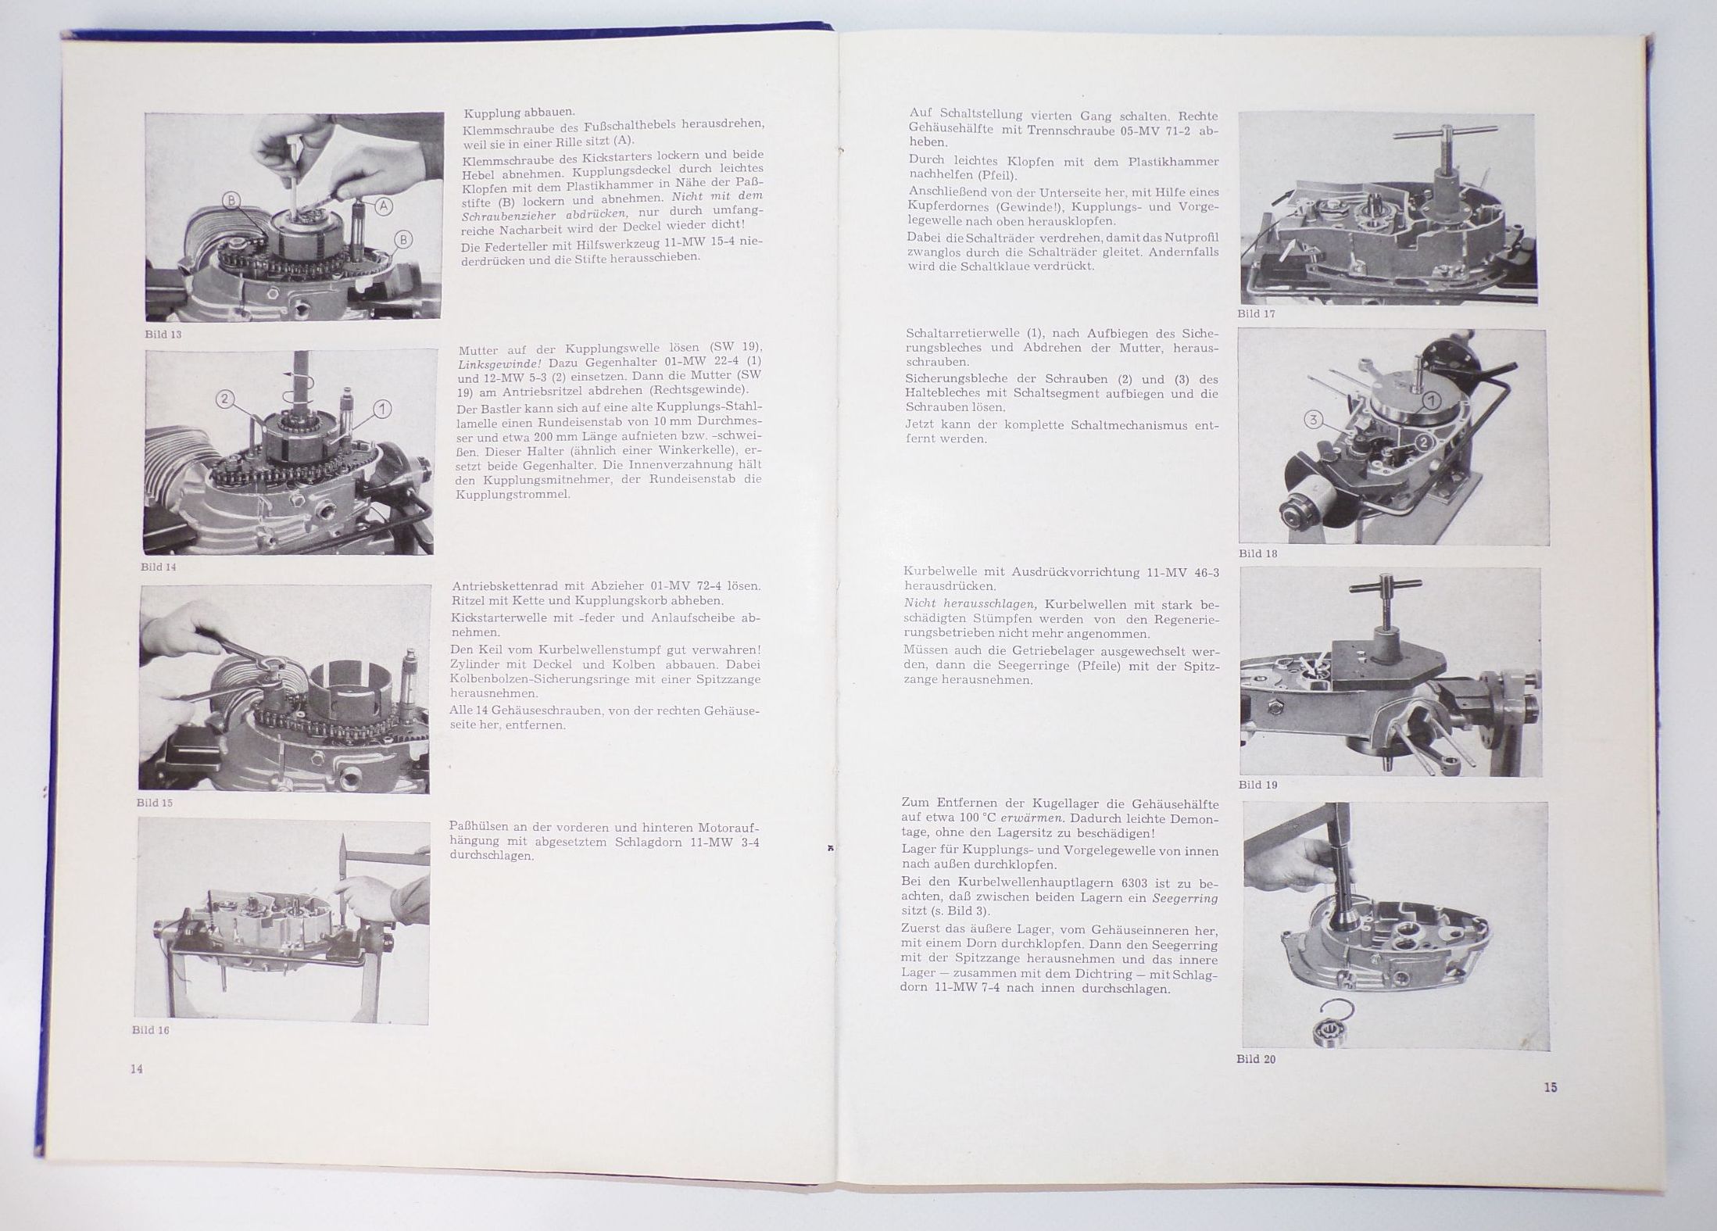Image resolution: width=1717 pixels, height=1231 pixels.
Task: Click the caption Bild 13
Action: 163,334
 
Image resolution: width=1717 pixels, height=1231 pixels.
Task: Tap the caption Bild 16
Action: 151,1030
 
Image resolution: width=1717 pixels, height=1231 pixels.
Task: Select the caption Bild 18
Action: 1257,553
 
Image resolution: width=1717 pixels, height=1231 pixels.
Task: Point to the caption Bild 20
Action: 1256,1059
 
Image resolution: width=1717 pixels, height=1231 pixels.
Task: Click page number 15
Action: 1551,1087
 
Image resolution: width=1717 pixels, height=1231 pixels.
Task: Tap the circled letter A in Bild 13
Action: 384,206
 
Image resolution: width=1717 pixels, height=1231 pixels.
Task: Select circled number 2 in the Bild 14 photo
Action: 225,399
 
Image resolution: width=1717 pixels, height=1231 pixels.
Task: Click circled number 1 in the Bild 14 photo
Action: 383,408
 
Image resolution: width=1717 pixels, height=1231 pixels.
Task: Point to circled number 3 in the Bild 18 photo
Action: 1314,420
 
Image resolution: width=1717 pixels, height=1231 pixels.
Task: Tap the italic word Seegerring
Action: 1185,898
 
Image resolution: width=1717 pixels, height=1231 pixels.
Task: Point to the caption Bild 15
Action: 154,803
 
